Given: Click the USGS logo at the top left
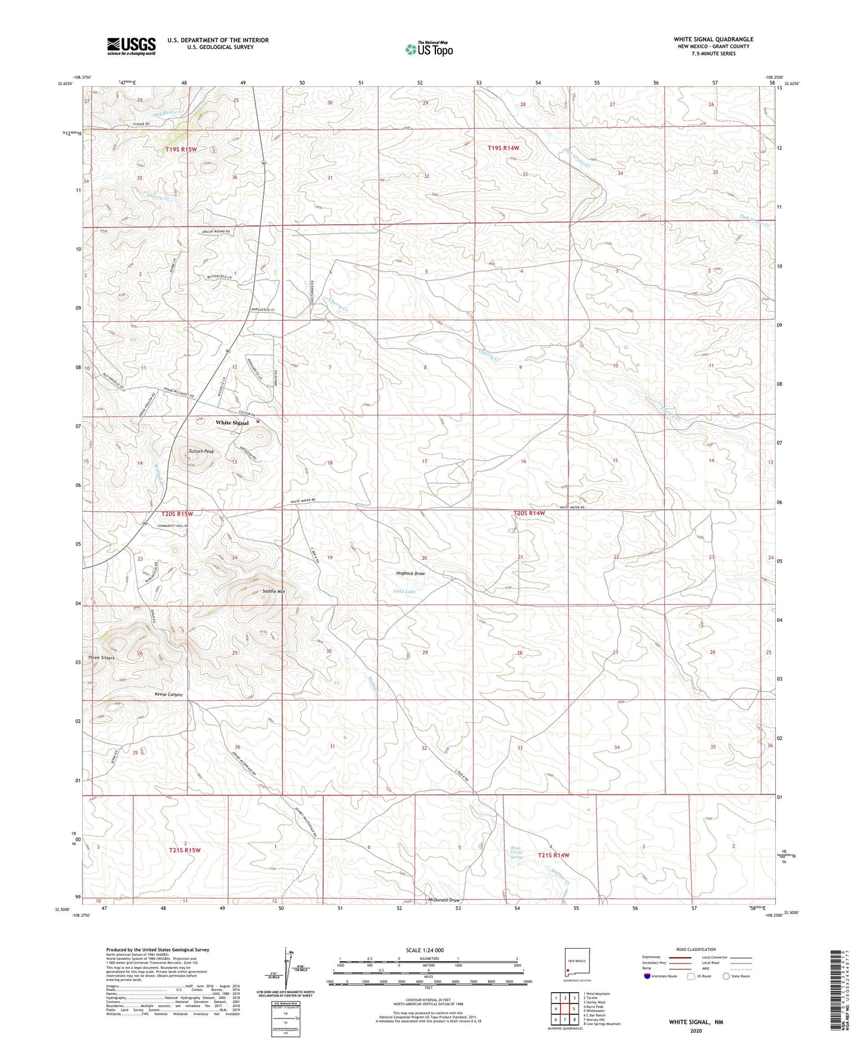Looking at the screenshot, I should pos(131,46).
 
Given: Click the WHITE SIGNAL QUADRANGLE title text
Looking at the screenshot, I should pos(713,39).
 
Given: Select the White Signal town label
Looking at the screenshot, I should pos(232,423).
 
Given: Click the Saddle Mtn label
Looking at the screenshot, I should pos(274,591).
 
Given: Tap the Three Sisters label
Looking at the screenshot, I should pos(101,658).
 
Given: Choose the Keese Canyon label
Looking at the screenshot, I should pos(168,695).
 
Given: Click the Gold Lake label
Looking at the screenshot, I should pos(404,591).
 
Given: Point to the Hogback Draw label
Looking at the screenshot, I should pos(410,573).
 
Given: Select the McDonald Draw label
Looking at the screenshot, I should pos(444,900).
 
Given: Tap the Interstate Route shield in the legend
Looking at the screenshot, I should pos(647,977).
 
